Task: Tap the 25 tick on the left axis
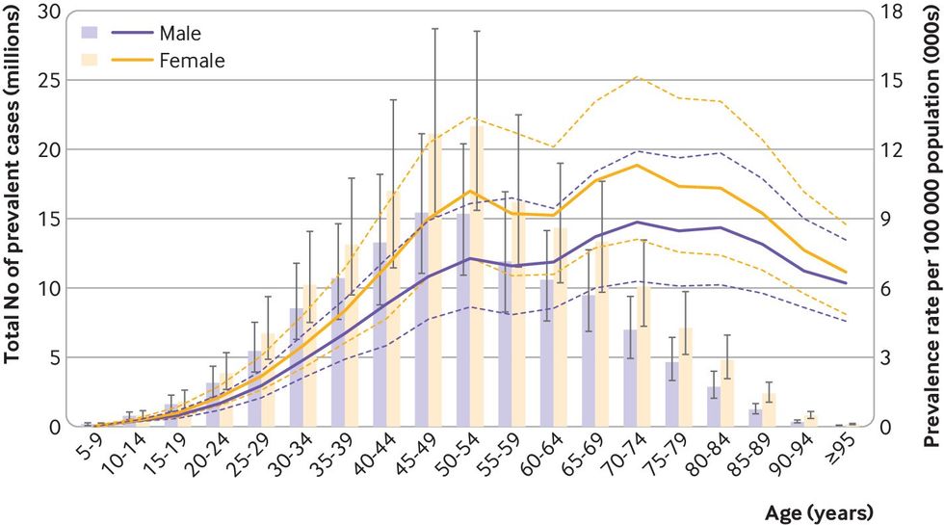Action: [x=52, y=81]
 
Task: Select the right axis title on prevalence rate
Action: [x=931, y=222]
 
